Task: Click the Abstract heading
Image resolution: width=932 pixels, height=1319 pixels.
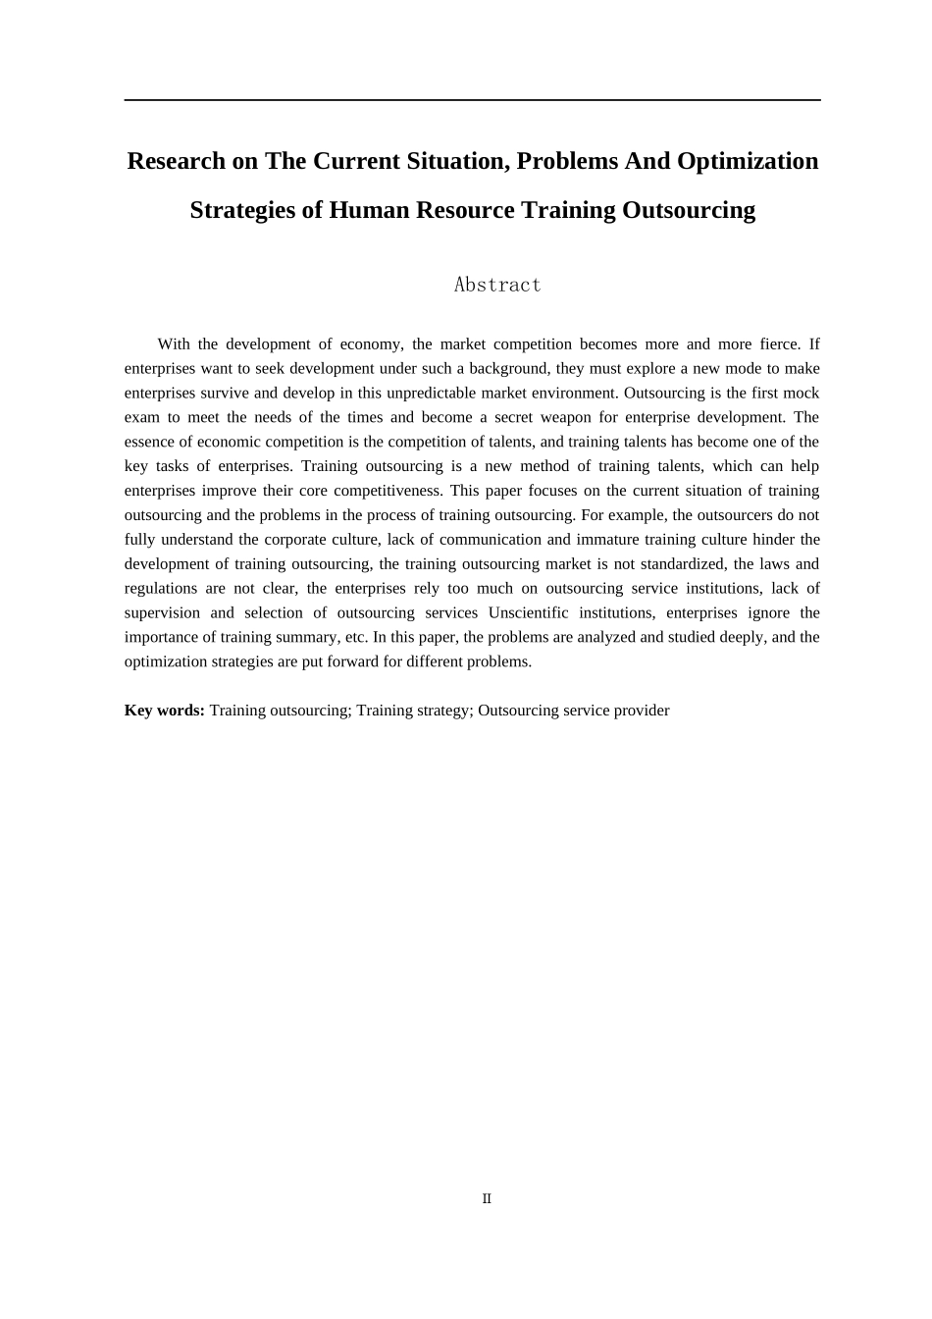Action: (x=497, y=285)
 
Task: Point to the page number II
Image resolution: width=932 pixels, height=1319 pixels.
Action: (x=487, y=1198)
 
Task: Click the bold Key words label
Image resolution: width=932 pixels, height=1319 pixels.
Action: (x=164, y=711)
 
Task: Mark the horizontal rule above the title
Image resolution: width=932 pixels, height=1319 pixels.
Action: (x=472, y=100)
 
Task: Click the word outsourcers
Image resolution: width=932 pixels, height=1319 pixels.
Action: (x=722, y=515)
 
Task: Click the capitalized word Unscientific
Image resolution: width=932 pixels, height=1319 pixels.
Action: (x=528, y=613)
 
